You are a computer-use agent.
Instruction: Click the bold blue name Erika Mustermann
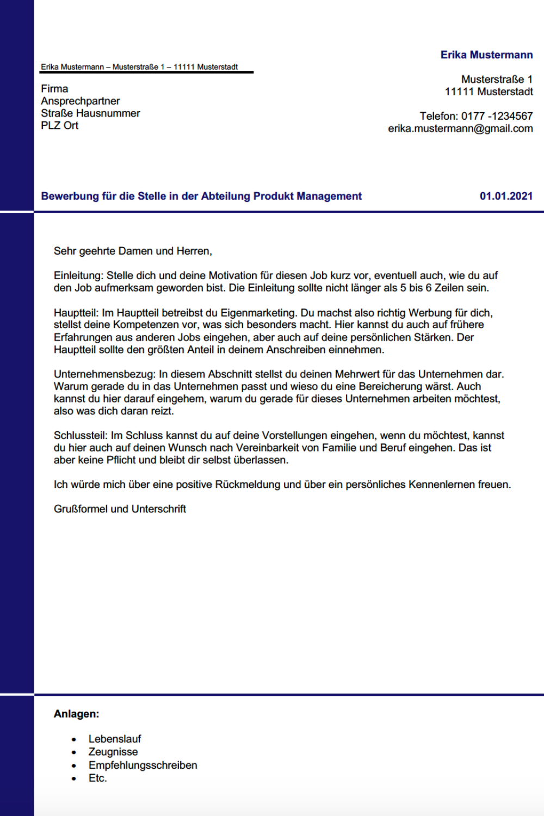(x=486, y=55)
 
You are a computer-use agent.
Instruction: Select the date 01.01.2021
(x=506, y=196)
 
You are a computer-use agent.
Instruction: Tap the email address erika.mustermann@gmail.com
(x=460, y=129)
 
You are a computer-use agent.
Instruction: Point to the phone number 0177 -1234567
(x=497, y=116)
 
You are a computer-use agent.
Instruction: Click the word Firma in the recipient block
(x=54, y=89)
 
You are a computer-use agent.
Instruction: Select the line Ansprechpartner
(x=80, y=101)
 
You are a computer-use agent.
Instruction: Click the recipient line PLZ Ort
(x=59, y=126)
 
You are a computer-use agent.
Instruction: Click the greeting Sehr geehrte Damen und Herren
(x=132, y=251)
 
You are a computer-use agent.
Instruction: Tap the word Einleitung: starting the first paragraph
(x=78, y=276)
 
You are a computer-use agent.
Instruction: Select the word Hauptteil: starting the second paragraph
(x=76, y=313)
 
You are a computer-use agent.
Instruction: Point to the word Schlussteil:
(x=81, y=436)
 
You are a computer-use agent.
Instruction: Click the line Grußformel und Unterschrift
(x=120, y=509)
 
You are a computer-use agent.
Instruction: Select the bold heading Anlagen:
(x=76, y=714)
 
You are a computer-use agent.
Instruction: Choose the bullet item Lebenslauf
(x=114, y=739)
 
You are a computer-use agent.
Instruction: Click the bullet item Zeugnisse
(x=113, y=752)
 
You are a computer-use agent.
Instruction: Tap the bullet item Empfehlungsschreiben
(x=143, y=765)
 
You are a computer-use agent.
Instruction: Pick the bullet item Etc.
(x=97, y=778)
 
